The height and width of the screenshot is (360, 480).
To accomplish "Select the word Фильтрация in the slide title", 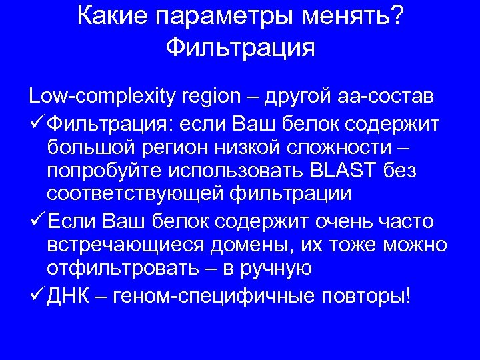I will [240, 47].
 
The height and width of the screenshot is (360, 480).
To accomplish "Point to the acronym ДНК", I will [67, 294].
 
